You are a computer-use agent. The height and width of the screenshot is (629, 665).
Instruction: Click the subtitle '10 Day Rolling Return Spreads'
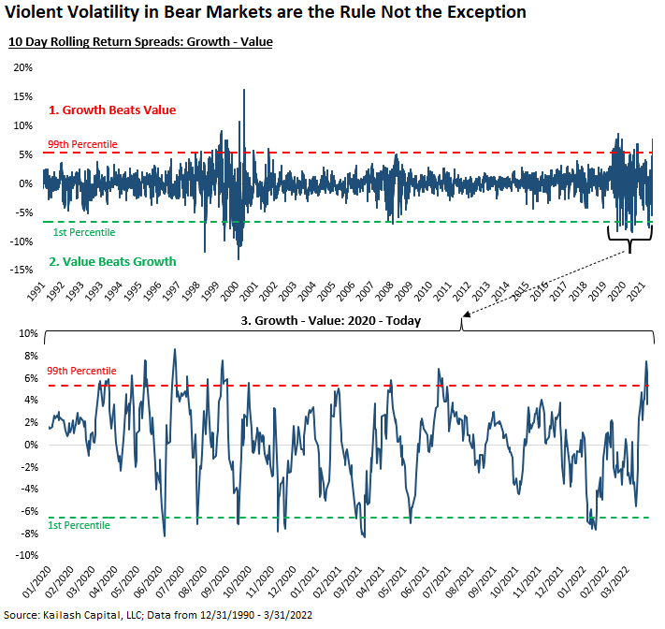click(x=140, y=43)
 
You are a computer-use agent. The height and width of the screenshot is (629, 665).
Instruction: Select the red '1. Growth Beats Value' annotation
click(x=112, y=110)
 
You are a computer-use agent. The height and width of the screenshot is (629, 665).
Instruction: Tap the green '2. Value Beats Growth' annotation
click(x=112, y=261)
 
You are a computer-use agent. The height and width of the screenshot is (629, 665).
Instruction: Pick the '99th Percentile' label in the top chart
click(x=82, y=144)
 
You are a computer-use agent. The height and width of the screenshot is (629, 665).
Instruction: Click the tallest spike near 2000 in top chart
click(x=244, y=92)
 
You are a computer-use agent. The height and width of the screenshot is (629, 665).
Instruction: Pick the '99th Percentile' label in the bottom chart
click(x=82, y=372)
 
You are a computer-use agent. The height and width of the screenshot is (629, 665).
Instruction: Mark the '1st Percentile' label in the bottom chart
click(x=79, y=525)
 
